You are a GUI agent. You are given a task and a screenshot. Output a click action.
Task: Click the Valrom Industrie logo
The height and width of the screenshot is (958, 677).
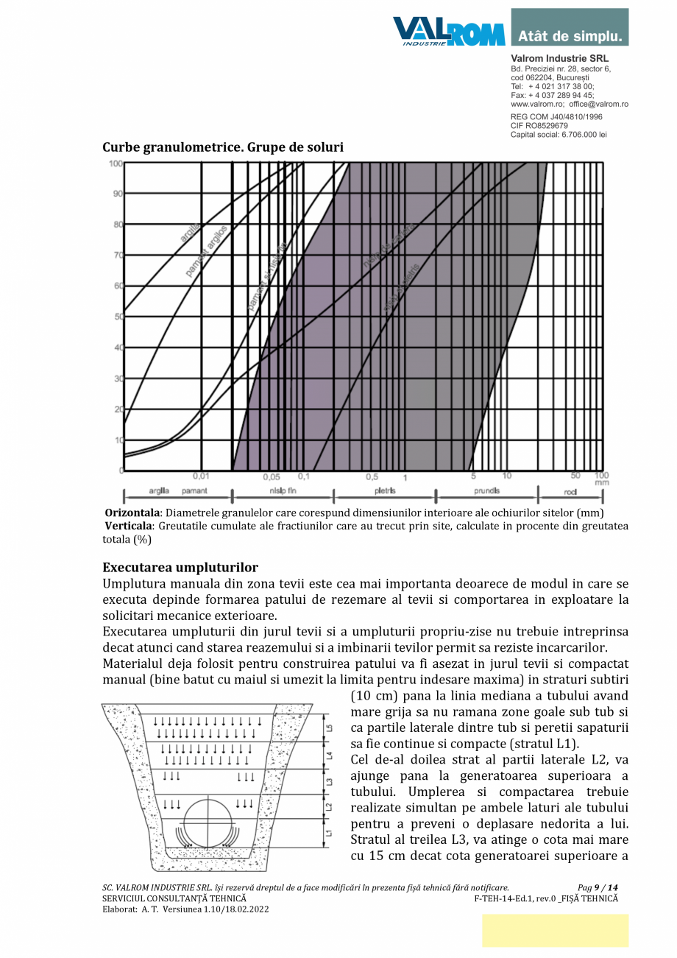449,32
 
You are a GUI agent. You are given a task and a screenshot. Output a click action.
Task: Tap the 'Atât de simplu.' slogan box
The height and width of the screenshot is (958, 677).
570,35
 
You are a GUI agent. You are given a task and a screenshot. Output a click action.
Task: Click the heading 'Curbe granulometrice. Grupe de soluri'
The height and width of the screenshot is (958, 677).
223,147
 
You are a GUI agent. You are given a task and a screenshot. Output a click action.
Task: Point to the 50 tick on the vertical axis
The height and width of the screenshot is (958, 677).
117,317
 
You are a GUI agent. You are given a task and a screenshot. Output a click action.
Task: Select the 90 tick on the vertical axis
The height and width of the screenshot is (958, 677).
117,194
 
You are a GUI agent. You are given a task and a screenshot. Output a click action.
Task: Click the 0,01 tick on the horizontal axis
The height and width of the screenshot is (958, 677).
201,476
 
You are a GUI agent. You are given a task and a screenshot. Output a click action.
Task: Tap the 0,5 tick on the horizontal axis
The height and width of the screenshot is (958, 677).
372,476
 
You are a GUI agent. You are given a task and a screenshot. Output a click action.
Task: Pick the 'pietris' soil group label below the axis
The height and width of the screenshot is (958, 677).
385,490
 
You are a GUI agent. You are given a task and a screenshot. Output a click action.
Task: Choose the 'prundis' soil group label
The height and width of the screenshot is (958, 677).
486,490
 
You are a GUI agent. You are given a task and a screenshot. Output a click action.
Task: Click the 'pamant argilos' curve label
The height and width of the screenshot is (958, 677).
207,251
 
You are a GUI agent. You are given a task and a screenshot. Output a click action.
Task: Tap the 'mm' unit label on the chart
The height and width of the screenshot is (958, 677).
601,483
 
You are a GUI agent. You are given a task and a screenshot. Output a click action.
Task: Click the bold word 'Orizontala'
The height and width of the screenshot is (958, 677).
133,513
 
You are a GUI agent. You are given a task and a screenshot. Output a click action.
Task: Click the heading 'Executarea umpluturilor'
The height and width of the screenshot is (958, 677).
180,568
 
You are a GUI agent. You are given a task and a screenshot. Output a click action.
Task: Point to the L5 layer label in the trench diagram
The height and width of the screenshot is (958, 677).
329,728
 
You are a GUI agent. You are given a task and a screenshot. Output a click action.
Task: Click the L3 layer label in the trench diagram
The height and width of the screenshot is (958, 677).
329,781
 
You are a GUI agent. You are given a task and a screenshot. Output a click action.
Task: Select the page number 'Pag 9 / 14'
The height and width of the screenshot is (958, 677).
598,887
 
